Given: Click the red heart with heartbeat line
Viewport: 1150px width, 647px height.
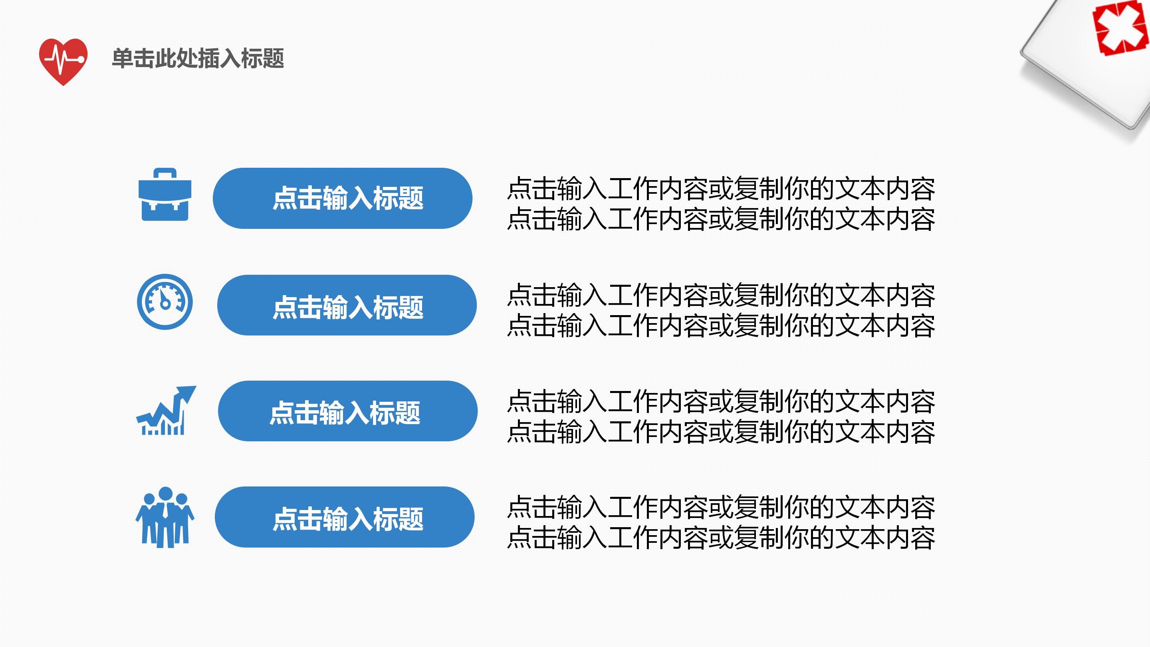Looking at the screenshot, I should (x=63, y=61).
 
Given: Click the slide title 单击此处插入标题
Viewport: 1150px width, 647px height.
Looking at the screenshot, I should (x=198, y=58).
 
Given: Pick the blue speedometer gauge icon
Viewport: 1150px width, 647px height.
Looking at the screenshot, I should (x=165, y=302).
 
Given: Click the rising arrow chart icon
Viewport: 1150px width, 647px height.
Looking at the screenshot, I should (x=166, y=411).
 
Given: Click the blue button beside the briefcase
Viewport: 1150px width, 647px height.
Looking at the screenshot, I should (x=343, y=198).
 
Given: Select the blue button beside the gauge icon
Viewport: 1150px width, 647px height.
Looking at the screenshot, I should (x=347, y=305).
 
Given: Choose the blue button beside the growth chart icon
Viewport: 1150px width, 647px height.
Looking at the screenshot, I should (x=347, y=411).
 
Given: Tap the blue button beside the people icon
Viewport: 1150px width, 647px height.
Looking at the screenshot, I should (x=344, y=517).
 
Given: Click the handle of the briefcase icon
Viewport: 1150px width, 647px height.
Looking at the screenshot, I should (x=165, y=173).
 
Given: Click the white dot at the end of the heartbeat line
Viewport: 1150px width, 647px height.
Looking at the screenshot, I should (x=81, y=60).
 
